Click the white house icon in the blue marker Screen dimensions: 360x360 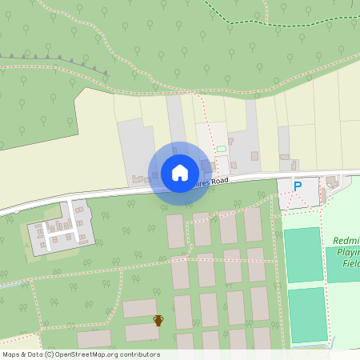[x=179, y=172]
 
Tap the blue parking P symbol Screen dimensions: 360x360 [x=298, y=186]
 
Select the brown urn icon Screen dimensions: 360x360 [x=158, y=320]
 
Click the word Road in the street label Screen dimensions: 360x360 [x=215, y=182]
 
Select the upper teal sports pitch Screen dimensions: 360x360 [x=303, y=254]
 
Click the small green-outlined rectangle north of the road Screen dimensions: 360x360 [x=222, y=150]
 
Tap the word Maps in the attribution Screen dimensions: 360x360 [x=11, y=354]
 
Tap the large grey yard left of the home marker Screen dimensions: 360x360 [x=136, y=148]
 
